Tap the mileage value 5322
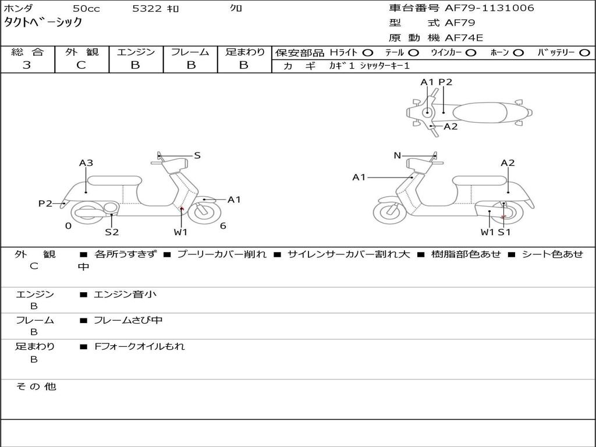coord(147,9)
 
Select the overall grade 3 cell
coord(27,65)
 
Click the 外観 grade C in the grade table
coord(81,65)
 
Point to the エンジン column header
coord(136,52)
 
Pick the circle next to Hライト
coord(368,52)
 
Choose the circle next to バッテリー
coord(584,52)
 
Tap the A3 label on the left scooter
coord(86,163)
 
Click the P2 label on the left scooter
coord(45,203)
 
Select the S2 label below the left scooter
coord(112,232)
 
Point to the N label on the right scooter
coord(398,155)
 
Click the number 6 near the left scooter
coord(223,226)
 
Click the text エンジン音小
coord(125,295)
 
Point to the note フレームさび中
coord(128,320)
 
